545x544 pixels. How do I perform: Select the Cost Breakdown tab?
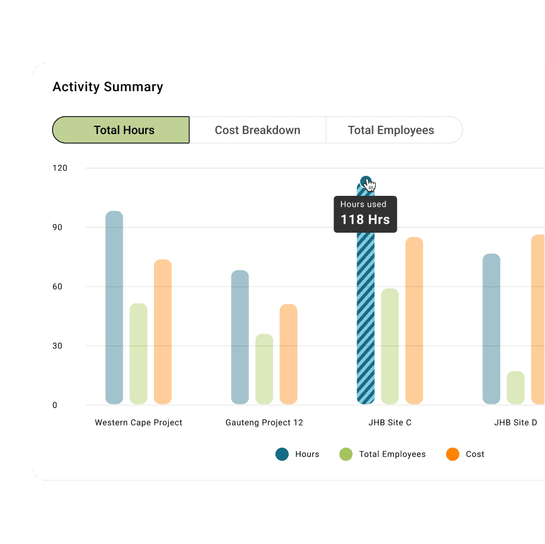click(x=257, y=130)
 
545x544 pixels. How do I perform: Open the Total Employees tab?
click(x=391, y=130)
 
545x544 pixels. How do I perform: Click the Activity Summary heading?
click(x=108, y=86)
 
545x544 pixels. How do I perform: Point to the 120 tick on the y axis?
click(x=60, y=168)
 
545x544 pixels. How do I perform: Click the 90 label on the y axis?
click(x=57, y=227)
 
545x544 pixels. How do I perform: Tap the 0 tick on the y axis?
click(x=54, y=405)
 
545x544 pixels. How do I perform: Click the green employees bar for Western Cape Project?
click(x=138, y=354)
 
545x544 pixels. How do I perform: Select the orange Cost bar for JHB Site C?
click(x=414, y=320)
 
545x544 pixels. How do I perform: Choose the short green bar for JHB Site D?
click(x=515, y=387)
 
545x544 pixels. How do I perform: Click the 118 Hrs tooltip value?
click(x=365, y=219)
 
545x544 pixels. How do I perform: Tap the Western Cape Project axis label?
click(x=138, y=423)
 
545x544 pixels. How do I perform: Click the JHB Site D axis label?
click(x=515, y=423)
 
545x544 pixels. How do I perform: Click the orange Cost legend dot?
click(x=453, y=454)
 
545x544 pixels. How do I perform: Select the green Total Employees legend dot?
click(x=346, y=454)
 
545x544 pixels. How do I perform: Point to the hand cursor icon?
click(x=370, y=185)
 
